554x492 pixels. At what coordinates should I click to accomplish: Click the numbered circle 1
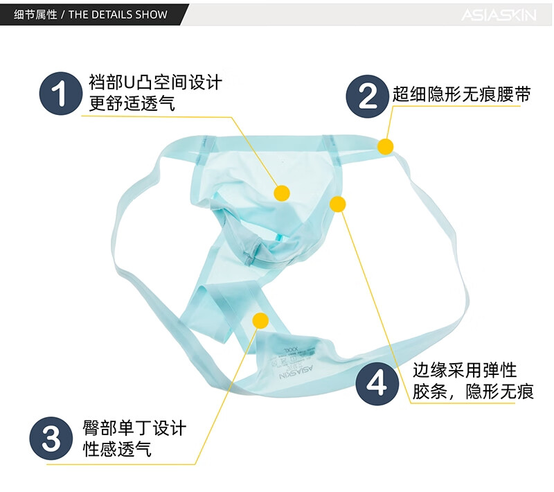pyautogui.click(x=62, y=92)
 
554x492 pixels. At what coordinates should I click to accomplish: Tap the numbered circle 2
pyautogui.click(x=368, y=95)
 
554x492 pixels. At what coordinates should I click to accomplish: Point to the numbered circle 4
pyautogui.click(x=377, y=383)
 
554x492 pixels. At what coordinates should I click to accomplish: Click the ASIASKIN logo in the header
pyautogui.click(x=499, y=15)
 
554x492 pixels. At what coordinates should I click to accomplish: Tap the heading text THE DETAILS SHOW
pyautogui.click(x=118, y=15)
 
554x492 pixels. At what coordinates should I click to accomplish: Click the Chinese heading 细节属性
pyautogui.click(x=35, y=15)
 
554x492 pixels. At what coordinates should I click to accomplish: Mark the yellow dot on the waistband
pyautogui.click(x=386, y=146)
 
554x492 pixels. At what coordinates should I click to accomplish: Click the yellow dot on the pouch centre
pyautogui.click(x=282, y=193)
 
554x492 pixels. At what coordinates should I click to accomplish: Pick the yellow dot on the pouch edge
pyautogui.click(x=338, y=204)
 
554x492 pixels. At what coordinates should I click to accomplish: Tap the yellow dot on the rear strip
pyautogui.click(x=260, y=320)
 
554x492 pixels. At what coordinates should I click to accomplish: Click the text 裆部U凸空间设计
pyautogui.click(x=155, y=84)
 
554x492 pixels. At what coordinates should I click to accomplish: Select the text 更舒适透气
pyautogui.click(x=132, y=105)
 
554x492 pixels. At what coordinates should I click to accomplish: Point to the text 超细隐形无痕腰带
pyautogui.click(x=462, y=95)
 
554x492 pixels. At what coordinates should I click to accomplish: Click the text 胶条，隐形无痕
pyautogui.click(x=473, y=392)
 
